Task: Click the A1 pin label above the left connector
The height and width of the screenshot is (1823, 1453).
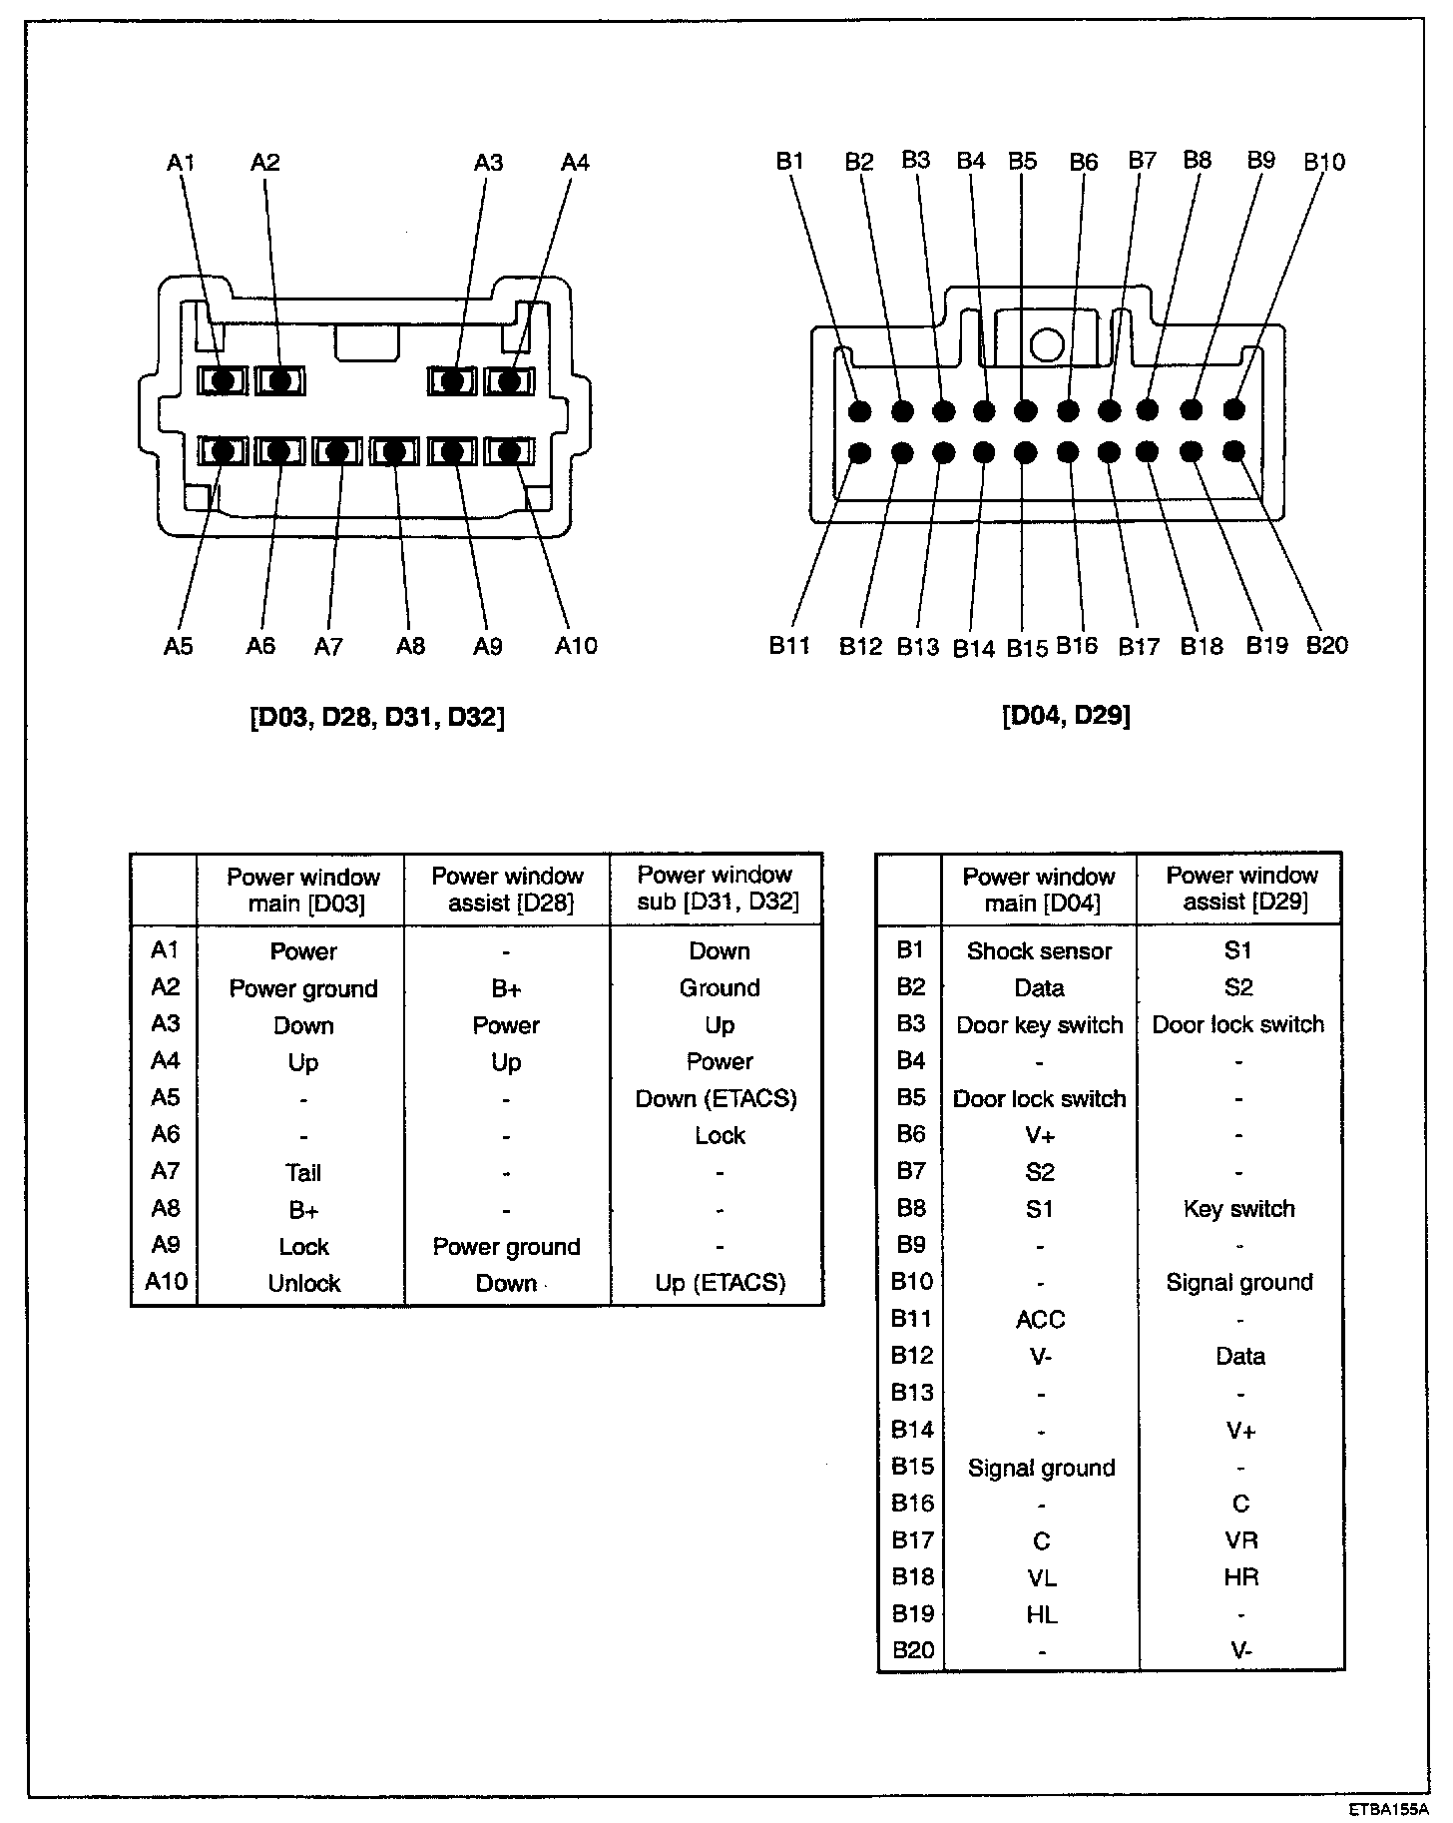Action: [181, 162]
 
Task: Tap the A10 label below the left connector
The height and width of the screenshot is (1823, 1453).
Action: [576, 646]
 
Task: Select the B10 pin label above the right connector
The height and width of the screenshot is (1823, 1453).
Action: [1324, 162]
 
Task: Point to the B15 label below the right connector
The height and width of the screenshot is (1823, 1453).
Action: [1027, 648]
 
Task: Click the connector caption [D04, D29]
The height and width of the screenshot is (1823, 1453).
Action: [1066, 716]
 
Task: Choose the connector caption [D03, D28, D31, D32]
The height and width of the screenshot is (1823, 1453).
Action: [377, 717]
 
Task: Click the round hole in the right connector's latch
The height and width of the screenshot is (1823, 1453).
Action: [1047, 345]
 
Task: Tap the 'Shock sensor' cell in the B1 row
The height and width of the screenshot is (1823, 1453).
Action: [1039, 951]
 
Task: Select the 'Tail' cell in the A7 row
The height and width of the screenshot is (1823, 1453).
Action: [303, 1173]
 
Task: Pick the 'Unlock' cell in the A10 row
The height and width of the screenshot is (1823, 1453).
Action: [303, 1283]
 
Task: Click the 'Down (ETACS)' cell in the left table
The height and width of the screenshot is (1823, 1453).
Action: [717, 1099]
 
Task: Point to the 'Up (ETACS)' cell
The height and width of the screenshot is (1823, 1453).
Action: [720, 1283]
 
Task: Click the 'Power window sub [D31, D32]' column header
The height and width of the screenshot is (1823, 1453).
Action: [717, 890]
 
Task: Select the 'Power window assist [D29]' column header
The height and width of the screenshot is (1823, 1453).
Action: [1241, 889]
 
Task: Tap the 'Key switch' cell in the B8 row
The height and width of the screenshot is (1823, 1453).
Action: [1238, 1209]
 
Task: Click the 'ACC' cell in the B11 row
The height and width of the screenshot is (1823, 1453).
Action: [1040, 1320]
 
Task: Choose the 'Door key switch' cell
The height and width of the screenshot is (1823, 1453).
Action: [1039, 1025]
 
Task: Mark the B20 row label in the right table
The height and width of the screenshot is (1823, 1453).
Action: [912, 1650]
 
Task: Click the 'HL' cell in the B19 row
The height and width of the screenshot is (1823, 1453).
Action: [1040, 1614]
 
